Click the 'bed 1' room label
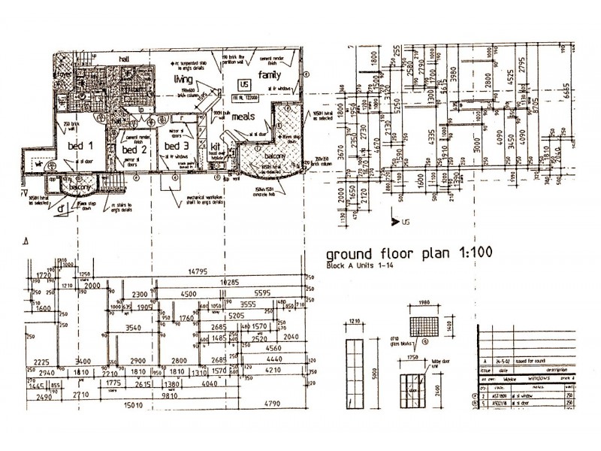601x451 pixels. (79, 145)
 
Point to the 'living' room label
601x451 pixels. (184, 79)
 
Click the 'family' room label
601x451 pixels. (270, 75)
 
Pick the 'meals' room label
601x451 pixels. (244, 117)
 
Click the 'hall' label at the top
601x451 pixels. (124, 58)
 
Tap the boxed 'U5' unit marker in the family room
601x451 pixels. (243, 84)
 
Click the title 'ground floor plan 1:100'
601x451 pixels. (406, 253)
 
